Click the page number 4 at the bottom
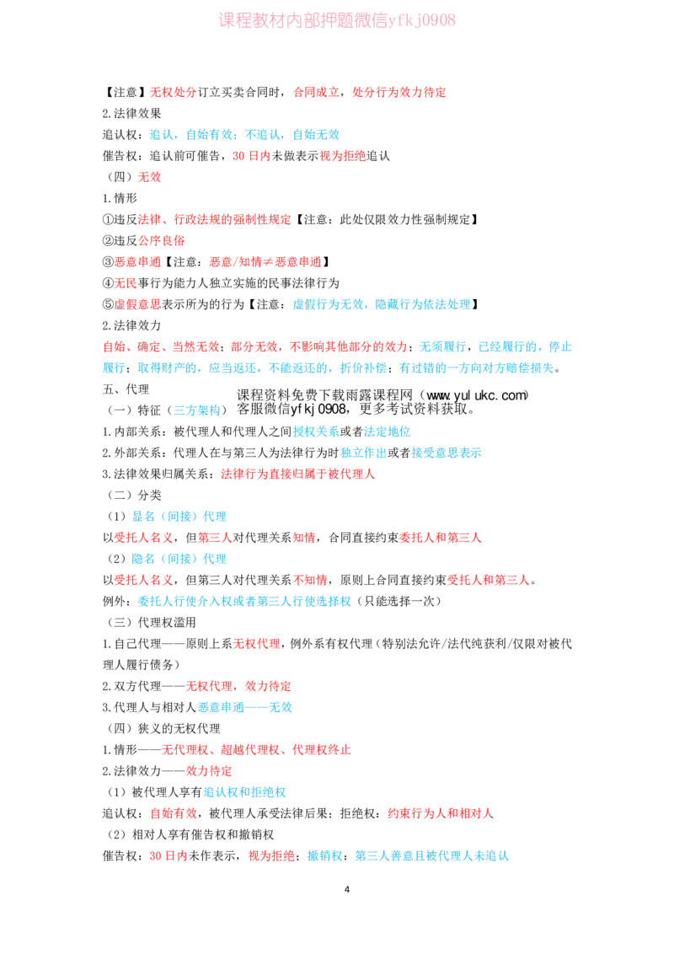[347, 889]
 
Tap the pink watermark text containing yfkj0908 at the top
[337, 20]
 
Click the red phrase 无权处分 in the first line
[174, 92]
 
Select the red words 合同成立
[316, 92]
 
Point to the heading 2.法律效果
[132, 113]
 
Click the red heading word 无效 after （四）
[150, 177]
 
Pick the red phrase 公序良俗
[162, 240]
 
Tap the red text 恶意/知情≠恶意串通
[265, 261]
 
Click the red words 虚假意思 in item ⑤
[138, 304]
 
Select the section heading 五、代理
[126, 389]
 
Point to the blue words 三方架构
[197, 410]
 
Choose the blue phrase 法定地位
[387, 431]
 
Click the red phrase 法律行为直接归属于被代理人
[298, 474]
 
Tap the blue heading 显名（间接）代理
[179, 517]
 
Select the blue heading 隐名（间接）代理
[179, 559]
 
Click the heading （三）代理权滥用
[150, 623]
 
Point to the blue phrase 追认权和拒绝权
[244, 792]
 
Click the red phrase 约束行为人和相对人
[441, 813]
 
